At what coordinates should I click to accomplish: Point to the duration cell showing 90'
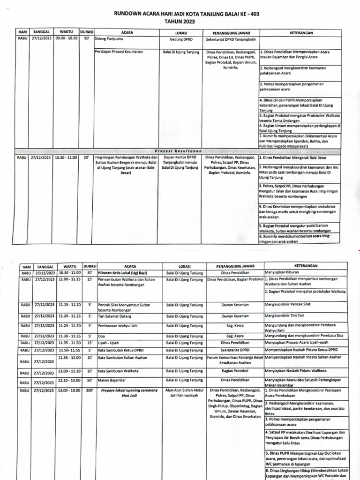[86, 40]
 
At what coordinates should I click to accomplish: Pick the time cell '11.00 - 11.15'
[69, 279]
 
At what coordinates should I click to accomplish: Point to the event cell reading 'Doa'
[101, 336]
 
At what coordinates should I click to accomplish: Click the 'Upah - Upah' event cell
[108, 343]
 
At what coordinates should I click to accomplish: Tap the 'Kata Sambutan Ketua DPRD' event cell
[121, 350]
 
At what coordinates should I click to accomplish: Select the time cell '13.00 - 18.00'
[69, 390]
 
